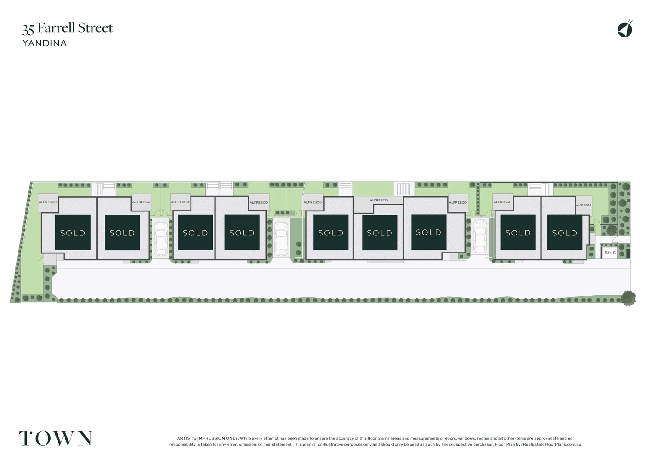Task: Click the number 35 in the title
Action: coord(28,29)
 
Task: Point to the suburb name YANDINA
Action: coord(45,43)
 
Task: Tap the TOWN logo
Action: coord(55,438)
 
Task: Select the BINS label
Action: coord(610,253)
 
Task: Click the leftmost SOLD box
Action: coord(73,232)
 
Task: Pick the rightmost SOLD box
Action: coord(565,232)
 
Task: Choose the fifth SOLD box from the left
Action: coord(331,232)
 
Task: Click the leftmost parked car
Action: coord(161,239)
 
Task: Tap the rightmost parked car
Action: coord(480,236)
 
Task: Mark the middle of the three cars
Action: coord(280,239)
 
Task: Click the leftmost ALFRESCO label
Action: coord(48,202)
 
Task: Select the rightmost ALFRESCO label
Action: coord(584,205)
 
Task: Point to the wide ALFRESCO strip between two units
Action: coord(378,201)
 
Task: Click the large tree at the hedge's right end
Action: coord(628,298)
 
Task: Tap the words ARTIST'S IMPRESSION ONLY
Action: coord(208,438)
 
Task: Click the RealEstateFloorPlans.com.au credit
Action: coord(552,444)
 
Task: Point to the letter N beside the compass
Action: coord(630,21)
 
